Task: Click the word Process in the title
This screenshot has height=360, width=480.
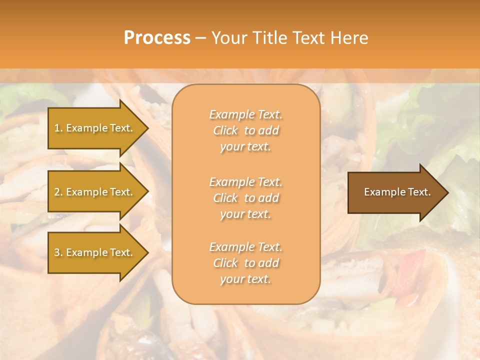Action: click(157, 38)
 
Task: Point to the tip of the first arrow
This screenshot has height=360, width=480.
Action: click(147, 128)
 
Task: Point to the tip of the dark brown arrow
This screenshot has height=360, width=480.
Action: click(447, 192)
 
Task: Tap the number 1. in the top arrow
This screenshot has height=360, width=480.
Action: click(58, 128)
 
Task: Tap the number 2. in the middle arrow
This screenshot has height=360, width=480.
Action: click(58, 192)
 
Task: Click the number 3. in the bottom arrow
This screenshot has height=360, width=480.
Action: click(58, 252)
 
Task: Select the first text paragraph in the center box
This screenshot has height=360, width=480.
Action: click(245, 130)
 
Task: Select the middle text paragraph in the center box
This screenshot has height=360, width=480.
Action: click(245, 198)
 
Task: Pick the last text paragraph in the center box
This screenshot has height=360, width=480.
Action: click(245, 263)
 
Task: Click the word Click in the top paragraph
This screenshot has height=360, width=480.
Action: click(225, 131)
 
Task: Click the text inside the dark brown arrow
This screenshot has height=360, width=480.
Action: click(397, 192)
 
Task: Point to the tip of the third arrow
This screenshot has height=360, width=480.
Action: click(147, 252)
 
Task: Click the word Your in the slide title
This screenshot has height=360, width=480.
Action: click(228, 38)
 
